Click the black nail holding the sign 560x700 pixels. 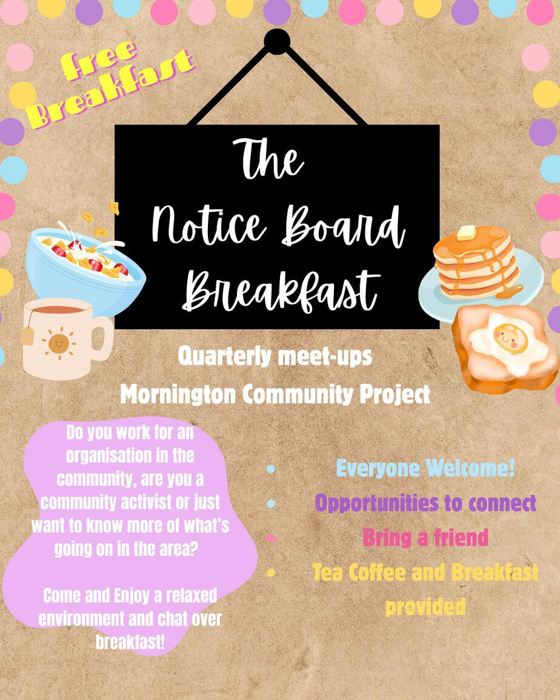coord(277,42)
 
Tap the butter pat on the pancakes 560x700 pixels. coord(467,232)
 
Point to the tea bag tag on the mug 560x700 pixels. coord(27,335)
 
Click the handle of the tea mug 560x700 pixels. coord(103,338)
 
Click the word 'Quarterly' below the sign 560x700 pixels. coord(225,357)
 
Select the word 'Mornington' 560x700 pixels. coord(178,394)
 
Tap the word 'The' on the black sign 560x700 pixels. coord(268,159)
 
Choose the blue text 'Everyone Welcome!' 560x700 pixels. coord(425,468)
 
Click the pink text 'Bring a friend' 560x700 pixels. coord(425,537)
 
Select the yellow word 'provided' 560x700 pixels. coord(425,607)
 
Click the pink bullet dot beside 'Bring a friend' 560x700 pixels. coord(271,538)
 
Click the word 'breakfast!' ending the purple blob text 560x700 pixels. coord(130,642)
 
